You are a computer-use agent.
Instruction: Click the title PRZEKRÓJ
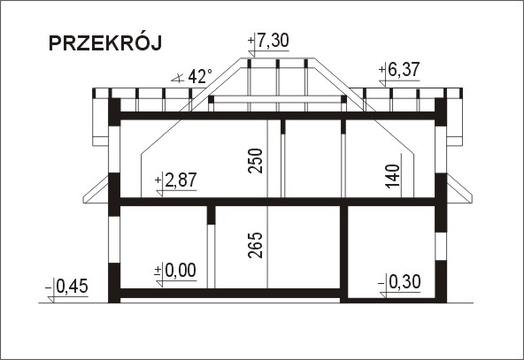105,43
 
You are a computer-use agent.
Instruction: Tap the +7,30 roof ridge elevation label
268,41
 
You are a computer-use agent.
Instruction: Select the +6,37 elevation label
399,70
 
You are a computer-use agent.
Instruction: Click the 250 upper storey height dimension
255,161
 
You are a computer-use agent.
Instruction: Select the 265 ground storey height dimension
255,245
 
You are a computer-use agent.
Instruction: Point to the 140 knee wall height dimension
392,176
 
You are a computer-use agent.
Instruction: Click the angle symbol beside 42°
178,79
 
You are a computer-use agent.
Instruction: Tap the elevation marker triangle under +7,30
251,54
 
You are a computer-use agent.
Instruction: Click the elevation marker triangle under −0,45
50,300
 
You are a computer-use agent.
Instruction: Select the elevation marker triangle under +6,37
382,83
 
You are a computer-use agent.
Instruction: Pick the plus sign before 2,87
158,180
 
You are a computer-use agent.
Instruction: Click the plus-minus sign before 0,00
158,271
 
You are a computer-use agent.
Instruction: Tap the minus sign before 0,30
381,284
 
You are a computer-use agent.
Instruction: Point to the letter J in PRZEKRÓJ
156,43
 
